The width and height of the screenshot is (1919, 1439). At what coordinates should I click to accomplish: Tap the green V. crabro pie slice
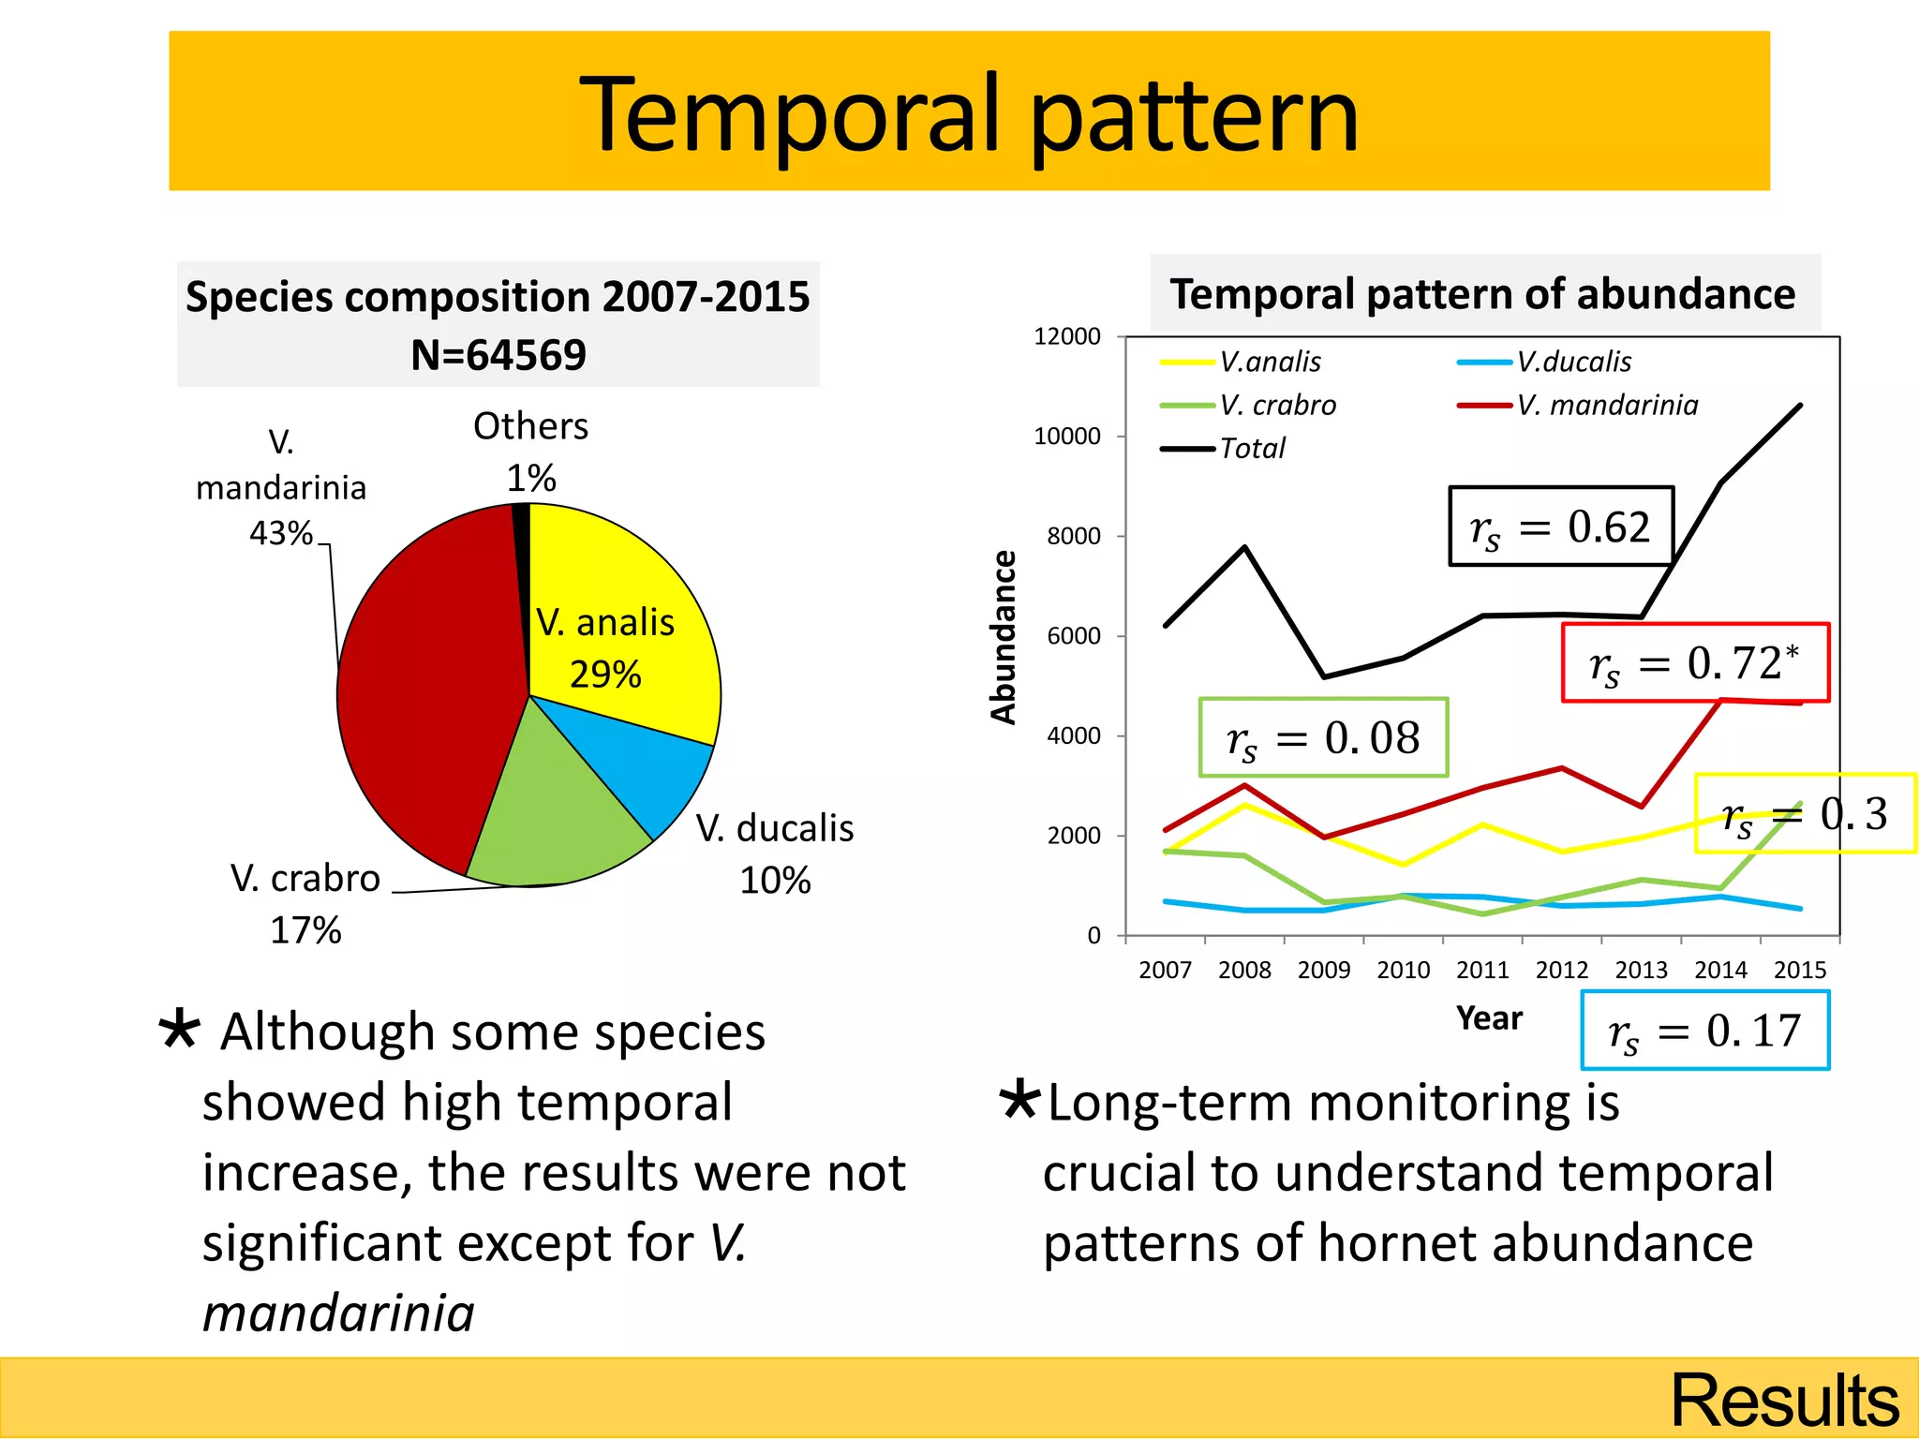[553, 815]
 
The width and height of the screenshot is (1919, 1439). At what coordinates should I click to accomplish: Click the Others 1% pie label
[530, 452]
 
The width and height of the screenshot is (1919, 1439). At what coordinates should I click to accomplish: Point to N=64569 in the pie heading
[498, 355]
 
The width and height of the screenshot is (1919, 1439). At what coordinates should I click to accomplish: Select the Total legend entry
[1251, 449]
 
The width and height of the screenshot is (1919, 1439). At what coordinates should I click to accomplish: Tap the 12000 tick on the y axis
[1066, 336]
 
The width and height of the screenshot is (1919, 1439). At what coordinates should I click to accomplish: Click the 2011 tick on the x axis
[1482, 970]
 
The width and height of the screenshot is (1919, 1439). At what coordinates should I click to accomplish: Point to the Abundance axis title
[1004, 637]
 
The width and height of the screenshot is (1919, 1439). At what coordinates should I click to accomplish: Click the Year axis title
[1489, 1018]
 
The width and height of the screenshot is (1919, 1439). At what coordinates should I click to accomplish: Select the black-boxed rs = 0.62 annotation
[1560, 527]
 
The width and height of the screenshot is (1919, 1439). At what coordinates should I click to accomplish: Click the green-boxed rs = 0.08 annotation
[1323, 737]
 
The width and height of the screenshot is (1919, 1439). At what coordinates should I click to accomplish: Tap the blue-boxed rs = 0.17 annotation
[1704, 1031]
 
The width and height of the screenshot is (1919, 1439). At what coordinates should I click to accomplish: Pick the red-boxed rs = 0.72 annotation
[1694, 662]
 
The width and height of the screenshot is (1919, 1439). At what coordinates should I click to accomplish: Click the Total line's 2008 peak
[1244, 547]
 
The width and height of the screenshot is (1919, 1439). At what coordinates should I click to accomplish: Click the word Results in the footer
[1784, 1401]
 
